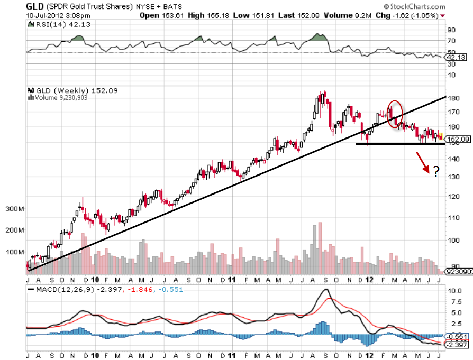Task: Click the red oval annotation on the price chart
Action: pyautogui.click(x=395, y=114)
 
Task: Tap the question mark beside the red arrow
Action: pyautogui.click(x=436, y=171)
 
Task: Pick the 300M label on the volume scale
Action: pyautogui.click(x=14, y=209)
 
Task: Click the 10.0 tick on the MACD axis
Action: pyautogui.click(x=454, y=291)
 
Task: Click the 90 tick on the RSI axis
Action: pyautogui.click(x=452, y=30)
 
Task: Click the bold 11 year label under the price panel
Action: pyautogui.click(x=233, y=279)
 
